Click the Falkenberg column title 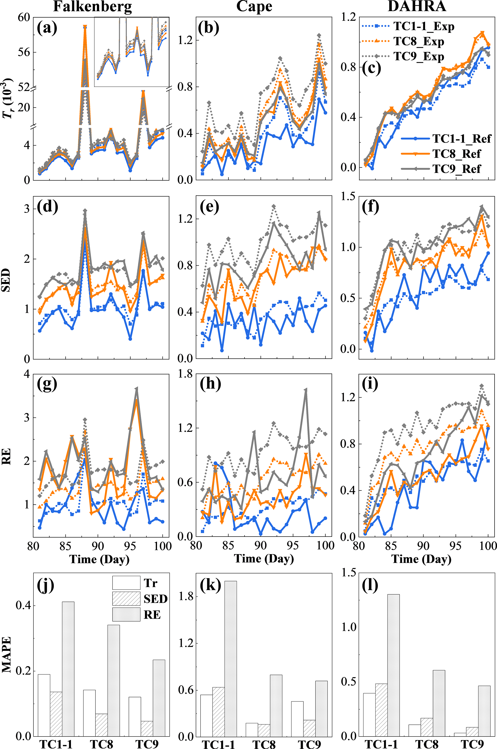pos(92,7)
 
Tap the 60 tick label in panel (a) pos(24,18)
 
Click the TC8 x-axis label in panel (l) pos(427,744)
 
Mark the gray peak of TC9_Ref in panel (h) pos(306,389)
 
